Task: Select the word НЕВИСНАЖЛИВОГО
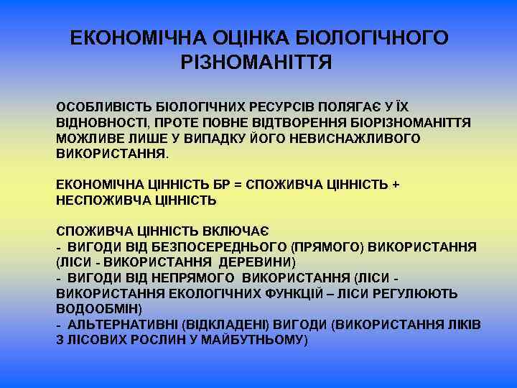[x=353, y=138]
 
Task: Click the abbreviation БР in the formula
[x=219, y=185]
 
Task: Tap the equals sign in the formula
[x=238, y=185]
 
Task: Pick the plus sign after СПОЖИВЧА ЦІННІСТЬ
[x=396, y=185]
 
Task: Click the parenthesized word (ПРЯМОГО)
[x=328, y=247]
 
